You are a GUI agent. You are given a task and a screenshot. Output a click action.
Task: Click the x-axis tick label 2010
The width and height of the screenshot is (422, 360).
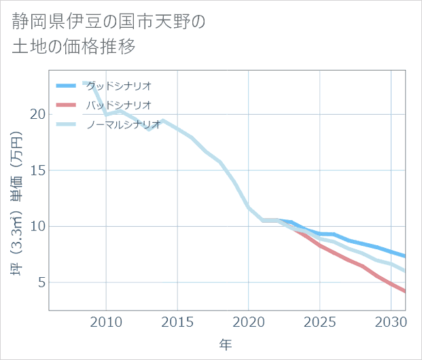pyautogui.click(x=106, y=321)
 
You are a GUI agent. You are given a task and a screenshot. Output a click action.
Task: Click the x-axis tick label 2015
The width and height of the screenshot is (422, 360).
pyautogui.click(x=177, y=321)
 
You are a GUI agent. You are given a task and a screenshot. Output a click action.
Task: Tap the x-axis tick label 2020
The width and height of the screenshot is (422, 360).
pyautogui.click(x=249, y=321)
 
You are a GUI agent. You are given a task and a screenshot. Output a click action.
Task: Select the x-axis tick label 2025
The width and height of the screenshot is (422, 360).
pyautogui.click(x=320, y=321)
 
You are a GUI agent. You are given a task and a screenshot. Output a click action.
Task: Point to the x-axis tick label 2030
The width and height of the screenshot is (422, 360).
pyautogui.click(x=391, y=321)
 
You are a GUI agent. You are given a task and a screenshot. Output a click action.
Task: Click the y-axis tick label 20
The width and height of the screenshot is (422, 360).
pyautogui.click(x=37, y=114)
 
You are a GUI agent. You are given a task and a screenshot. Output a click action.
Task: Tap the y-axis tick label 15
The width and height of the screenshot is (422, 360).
pyautogui.click(x=37, y=170)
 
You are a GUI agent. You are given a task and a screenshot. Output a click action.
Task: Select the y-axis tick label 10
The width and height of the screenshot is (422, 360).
pyautogui.click(x=37, y=226)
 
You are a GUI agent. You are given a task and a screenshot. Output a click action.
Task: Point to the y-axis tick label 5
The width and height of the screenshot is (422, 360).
pyautogui.click(x=41, y=282)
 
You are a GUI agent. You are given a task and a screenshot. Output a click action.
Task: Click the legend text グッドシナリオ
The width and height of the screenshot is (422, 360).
pyautogui.click(x=118, y=86)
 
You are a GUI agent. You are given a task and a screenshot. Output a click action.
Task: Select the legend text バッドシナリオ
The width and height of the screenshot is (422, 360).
pyautogui.click(x=118, y=105)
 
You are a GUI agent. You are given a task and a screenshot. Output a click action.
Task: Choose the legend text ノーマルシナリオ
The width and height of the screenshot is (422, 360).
pyautogui.click(x=123, y=124)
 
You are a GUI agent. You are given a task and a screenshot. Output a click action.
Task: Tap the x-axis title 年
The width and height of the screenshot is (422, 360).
pyautogui.click(x=226, y=345)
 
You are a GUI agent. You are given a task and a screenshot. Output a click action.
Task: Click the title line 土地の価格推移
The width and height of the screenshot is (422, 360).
pyautogui.click(x=74, y=47)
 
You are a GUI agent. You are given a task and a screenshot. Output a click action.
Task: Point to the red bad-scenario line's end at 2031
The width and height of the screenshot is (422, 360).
pyautogui.click(x=405, y=291)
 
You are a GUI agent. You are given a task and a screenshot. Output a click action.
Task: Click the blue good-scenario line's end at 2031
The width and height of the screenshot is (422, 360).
pyautogui.click(x=405, y=256)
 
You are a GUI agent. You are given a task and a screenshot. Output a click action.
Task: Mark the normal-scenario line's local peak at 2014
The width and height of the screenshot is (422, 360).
pyautogui.click(x=163, y=120)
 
